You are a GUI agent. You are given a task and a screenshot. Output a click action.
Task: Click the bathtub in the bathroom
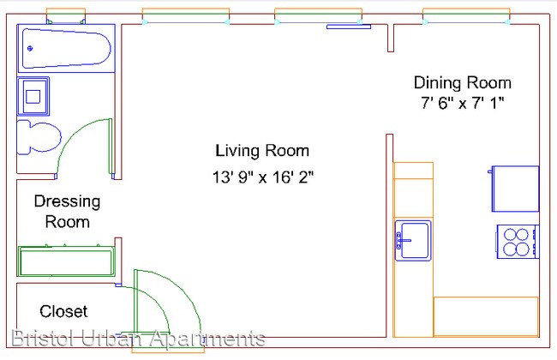point(67,48)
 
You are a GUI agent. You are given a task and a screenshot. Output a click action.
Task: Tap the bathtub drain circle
point(30,48)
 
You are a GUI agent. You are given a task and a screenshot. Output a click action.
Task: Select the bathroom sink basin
point(33,96)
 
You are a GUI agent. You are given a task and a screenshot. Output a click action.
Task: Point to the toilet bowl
point(39,137)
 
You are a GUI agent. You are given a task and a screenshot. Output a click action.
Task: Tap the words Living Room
point(262,151)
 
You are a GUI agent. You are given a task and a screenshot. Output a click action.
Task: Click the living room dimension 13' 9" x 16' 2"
point(263,177)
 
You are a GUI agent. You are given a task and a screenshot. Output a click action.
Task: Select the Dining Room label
point(463,83)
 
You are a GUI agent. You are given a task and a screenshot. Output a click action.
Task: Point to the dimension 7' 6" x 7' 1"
point(463,103)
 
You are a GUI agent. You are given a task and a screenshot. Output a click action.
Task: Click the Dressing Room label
point(67,212)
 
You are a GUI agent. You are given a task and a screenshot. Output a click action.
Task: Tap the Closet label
point(63,311)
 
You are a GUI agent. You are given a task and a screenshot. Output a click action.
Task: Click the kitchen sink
point(413,240)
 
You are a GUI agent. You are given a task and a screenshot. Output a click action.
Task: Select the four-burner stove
point(518,242)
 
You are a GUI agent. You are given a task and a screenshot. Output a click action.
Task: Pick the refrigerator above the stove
point(515,189)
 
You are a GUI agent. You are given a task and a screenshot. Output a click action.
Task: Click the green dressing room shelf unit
point(67,261)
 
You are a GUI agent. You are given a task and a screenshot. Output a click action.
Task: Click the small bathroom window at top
point(66,15)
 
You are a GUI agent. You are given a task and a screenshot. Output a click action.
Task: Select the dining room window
point(466,16)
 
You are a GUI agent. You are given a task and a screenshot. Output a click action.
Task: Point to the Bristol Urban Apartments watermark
point(138,338)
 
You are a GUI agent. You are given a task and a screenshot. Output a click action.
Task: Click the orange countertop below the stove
point(486,316)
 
